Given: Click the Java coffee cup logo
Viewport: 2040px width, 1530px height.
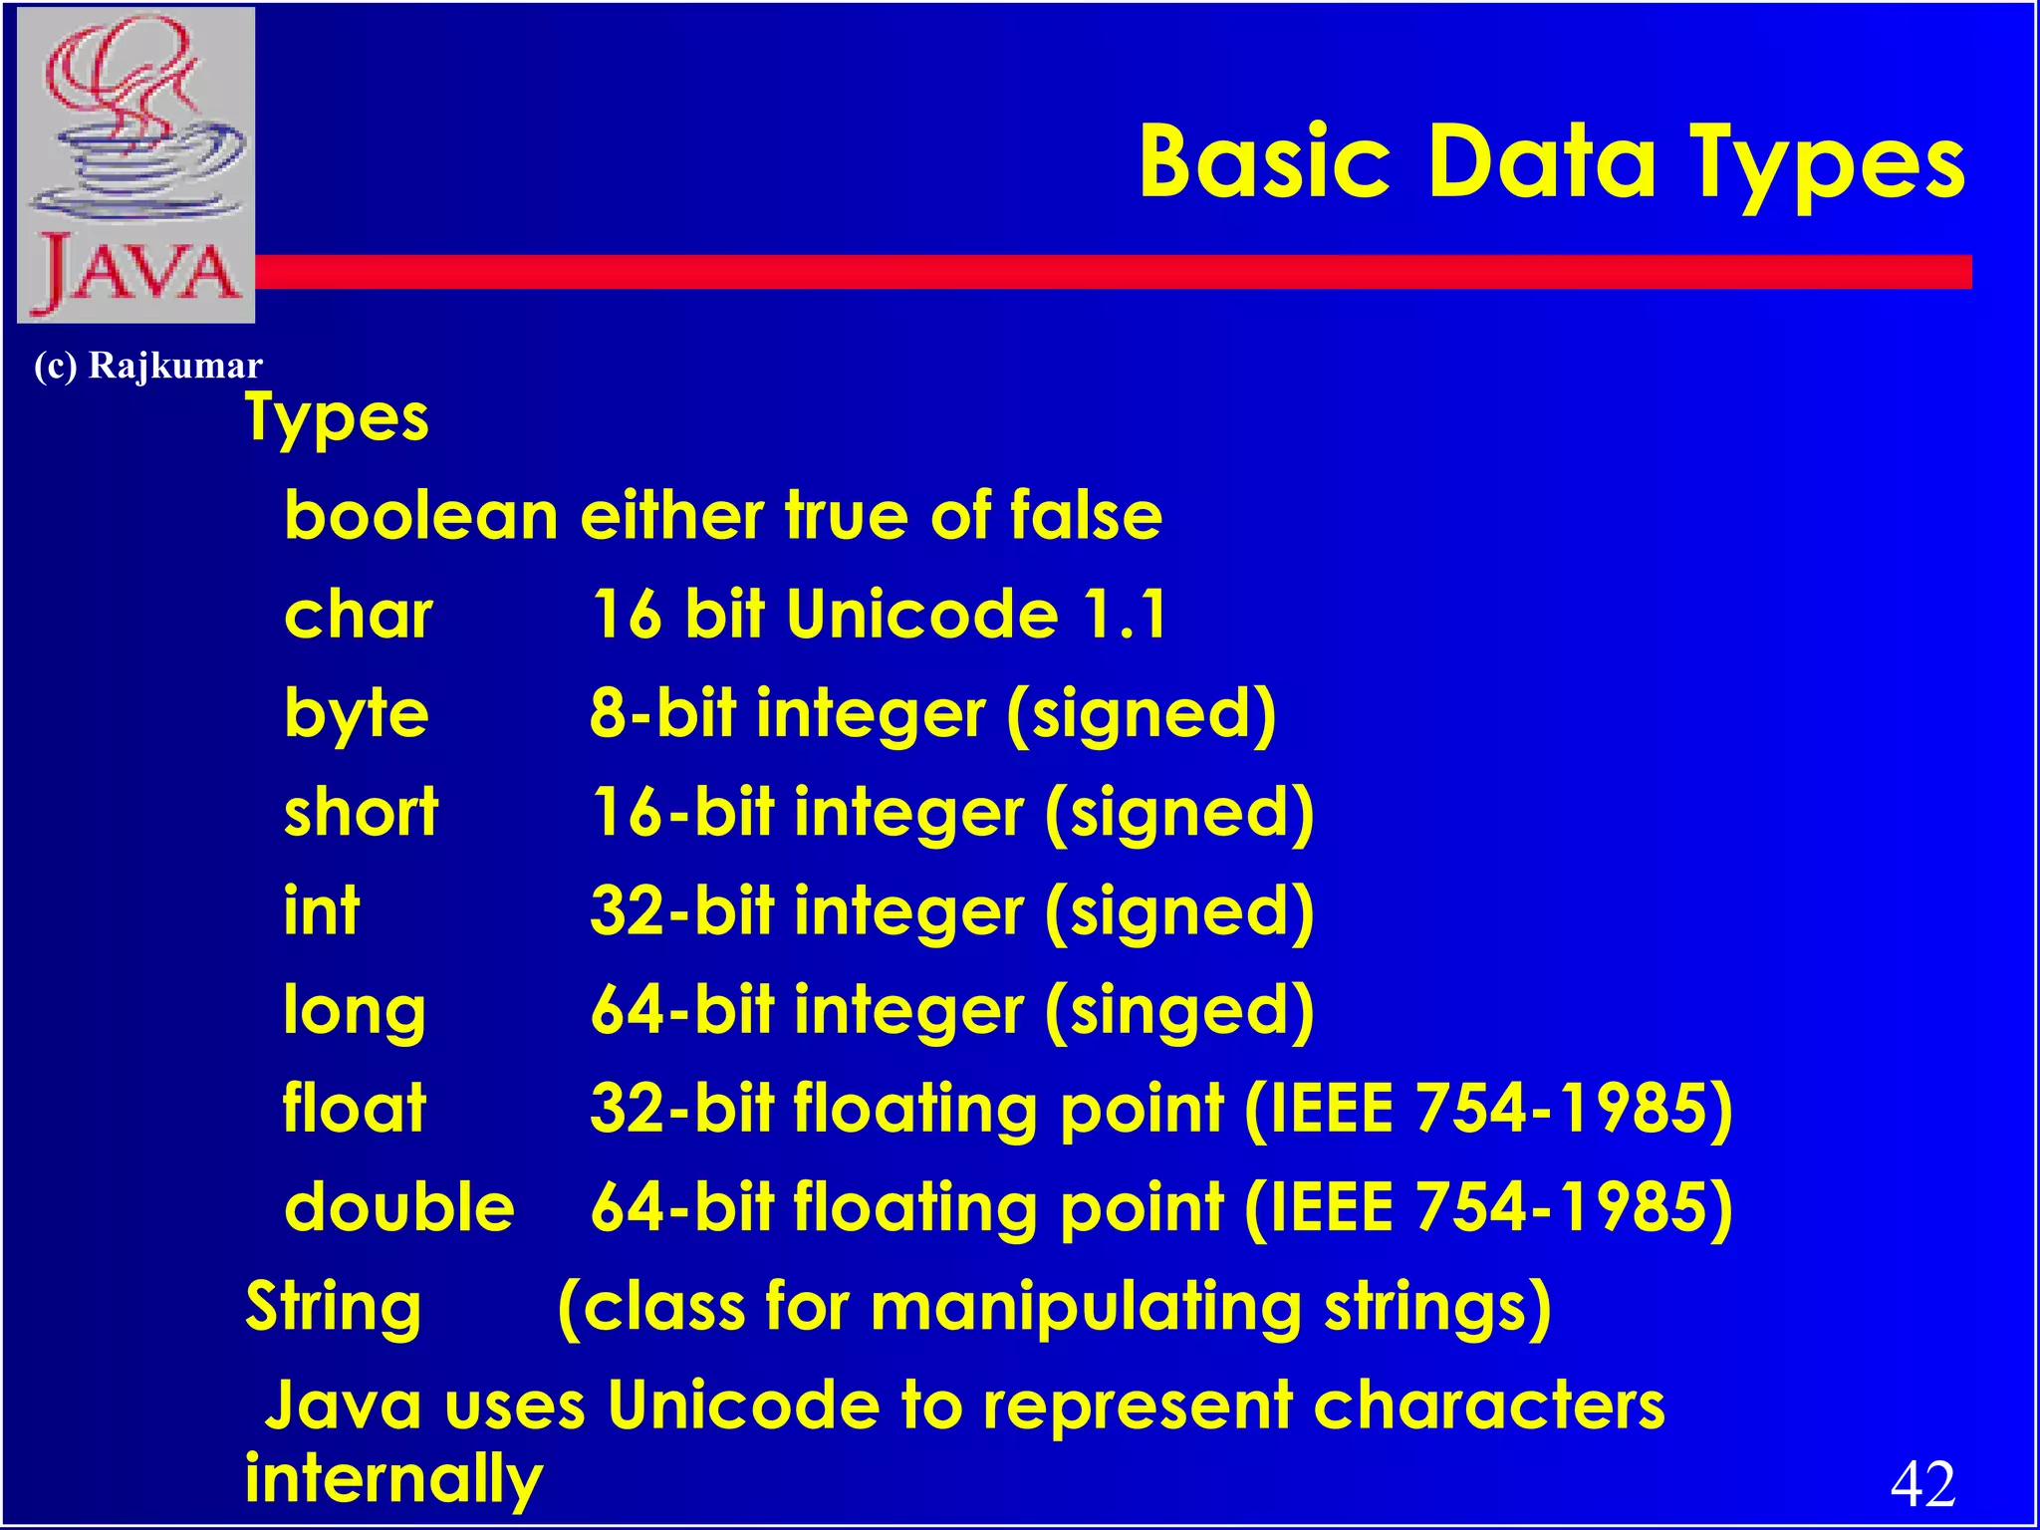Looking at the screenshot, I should (136, 165).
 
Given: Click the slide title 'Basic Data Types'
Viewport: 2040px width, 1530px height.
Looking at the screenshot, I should (1551, 161).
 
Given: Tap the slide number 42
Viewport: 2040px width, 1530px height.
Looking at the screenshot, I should (1922, 1483).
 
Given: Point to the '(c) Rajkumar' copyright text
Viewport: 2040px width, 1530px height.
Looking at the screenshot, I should (148, 366).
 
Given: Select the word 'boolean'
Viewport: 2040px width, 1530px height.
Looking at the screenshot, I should (420, 516).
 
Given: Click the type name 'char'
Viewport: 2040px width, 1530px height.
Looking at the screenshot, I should (359, 615).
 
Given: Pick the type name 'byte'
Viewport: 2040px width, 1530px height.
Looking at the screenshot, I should (357, 714).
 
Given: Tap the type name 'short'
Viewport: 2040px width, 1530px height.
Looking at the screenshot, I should (361, 812).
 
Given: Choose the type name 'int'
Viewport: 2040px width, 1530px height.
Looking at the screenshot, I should (321, 910).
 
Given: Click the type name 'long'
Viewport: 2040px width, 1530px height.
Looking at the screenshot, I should (355, 1012).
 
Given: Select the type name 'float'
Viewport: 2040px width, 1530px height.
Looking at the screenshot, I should (355, 1108).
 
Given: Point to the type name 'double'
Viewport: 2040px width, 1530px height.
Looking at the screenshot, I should (399, 1207).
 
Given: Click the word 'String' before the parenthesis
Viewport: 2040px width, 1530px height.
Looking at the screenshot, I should (334, 1307).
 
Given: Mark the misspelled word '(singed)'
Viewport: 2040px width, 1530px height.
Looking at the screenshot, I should (1179, 1012).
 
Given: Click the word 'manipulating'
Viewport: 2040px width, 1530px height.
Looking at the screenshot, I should (1086, 1307).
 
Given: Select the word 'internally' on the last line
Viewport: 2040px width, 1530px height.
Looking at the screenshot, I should (393, 1480).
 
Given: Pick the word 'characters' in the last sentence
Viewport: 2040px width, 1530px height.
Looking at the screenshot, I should (1488, 1405).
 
